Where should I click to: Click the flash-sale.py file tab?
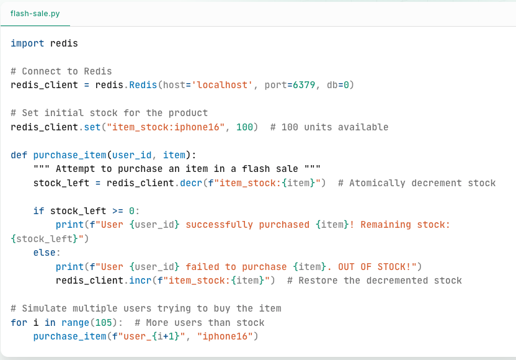point(35,14)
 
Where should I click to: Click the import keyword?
point(27,43)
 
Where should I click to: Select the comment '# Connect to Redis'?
point(61,71)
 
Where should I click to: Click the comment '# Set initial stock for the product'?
point(109,113)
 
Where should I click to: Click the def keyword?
point(19,155)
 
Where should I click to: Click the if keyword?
point(38,211)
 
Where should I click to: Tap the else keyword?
point(47,253)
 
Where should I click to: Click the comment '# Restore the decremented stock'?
point(375,281)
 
